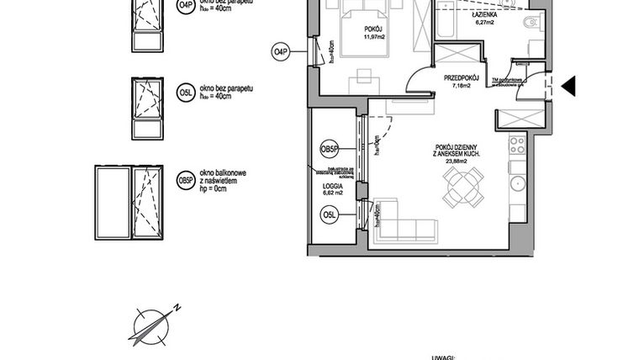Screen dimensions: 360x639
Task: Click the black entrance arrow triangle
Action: (568, 85)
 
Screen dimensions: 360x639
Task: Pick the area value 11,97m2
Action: (373, 37)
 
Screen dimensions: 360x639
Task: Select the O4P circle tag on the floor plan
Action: (281, 52)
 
